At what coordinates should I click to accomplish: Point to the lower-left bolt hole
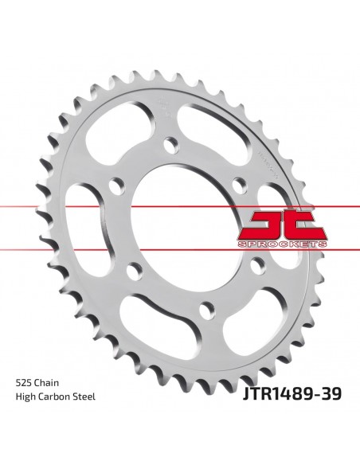pos(133,269)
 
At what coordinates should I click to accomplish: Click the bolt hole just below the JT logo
pos(258,265)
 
